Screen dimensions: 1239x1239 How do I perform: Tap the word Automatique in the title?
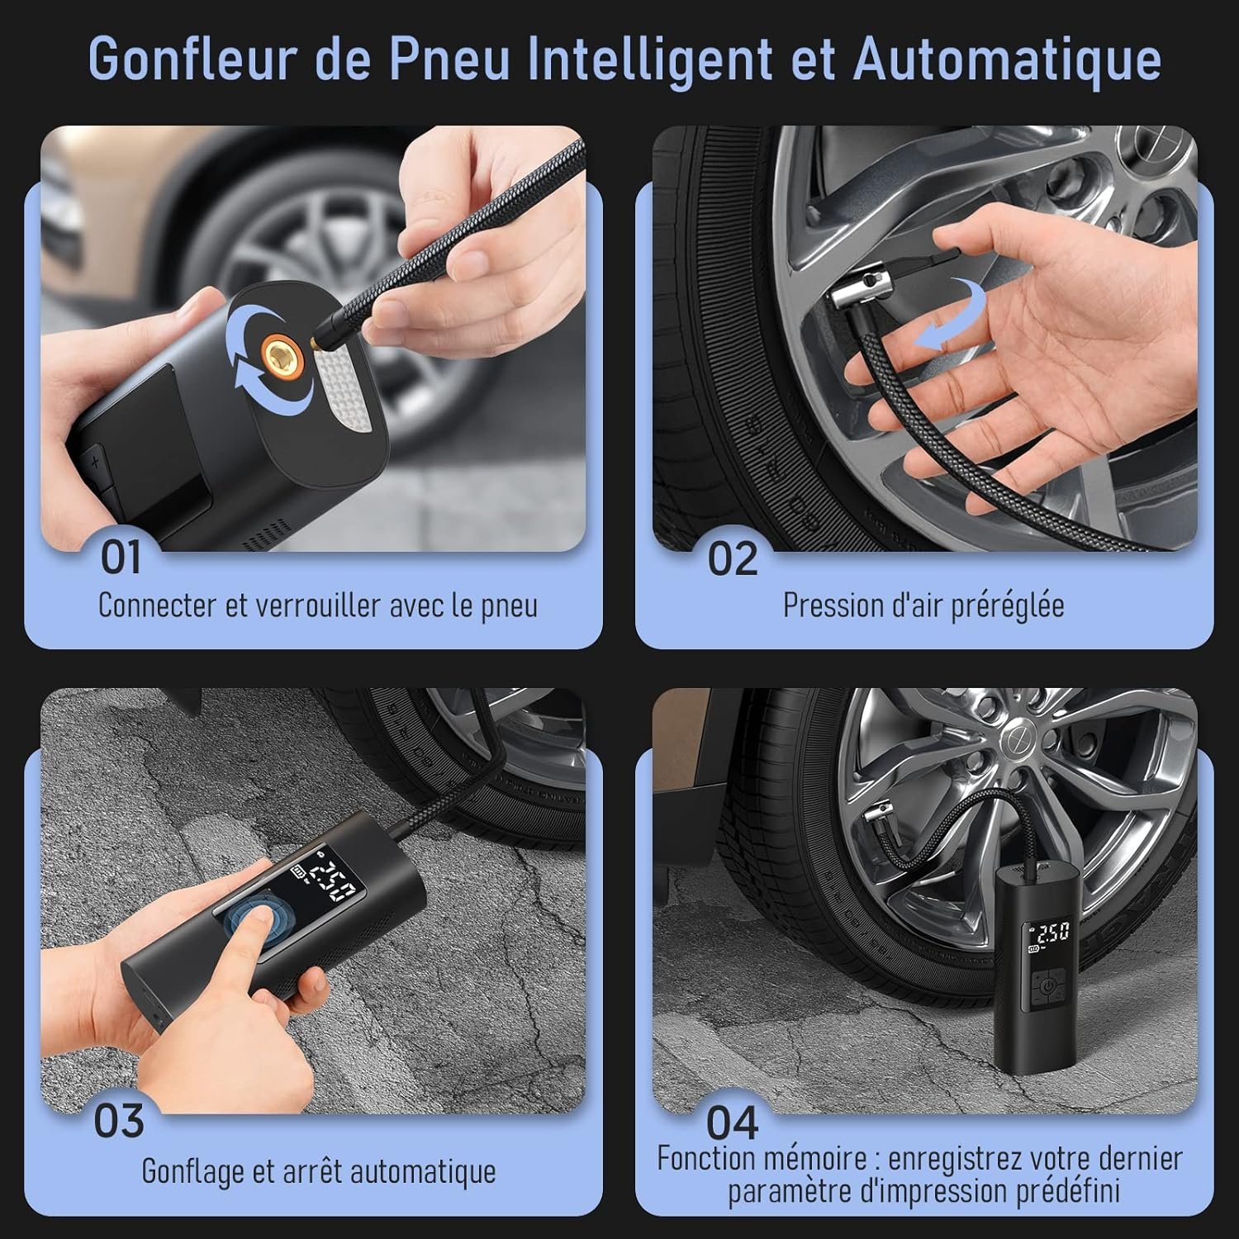click(x=1007, y=60)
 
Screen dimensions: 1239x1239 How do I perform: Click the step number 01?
click(x=121, y=558)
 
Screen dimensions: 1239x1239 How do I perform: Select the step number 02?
click(x=732, y=559)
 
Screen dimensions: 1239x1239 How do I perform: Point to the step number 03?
click(x=119, y=1121)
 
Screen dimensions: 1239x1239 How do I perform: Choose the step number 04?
click(x=732, y=1123)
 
